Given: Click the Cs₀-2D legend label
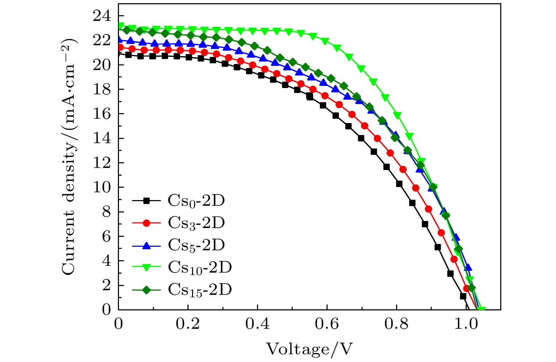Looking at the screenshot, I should [x=196, y=201].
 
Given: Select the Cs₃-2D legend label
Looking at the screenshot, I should [x=196, y=223].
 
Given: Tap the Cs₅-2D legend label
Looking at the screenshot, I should [x=196, y=245].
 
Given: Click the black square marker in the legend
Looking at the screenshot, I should [x=147, y=201].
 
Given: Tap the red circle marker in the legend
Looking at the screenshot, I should [x=147, y=223].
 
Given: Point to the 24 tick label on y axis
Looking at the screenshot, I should [x=102, y=16].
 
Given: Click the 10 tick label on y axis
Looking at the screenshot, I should [x=102, y=187].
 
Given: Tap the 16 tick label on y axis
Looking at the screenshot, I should [x=102, y=114].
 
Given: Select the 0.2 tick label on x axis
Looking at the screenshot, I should [x=188, y=324].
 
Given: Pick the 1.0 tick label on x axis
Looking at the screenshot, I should [x=466, y=324].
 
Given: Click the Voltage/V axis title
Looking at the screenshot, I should [x=309, y=349].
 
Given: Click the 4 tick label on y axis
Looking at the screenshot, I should [x=106, y=261].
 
